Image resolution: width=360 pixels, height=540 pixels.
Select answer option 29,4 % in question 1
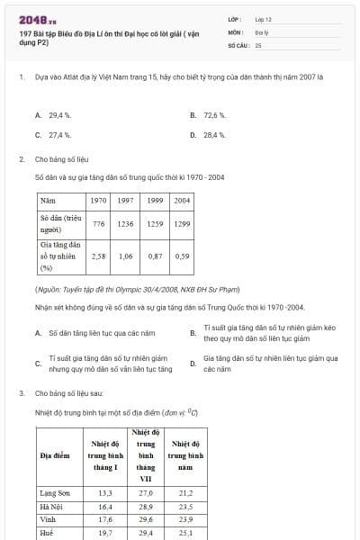coord(59,116)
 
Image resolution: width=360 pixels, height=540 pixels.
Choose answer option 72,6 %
coord(214,116)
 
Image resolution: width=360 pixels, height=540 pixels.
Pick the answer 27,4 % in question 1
coord(59,135)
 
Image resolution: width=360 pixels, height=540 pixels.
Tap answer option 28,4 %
coord(214,135)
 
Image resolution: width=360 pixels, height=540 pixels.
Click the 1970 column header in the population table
coord(99,200)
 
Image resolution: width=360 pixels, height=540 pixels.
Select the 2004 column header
coord(182,200)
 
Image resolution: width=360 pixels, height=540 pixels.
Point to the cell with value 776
coord(99,223)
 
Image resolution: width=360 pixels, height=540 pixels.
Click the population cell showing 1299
coord(182,223)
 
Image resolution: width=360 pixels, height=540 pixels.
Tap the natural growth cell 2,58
coord(99,256)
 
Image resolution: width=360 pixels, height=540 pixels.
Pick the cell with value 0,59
coord(182,256)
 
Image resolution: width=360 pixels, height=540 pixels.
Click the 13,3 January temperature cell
coord(105,493)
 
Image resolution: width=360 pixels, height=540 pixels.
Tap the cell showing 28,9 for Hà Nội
coord(146,507)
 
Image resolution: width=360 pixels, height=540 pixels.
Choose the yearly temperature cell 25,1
coord(185,533)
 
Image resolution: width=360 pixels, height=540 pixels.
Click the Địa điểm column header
coord(56,455)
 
